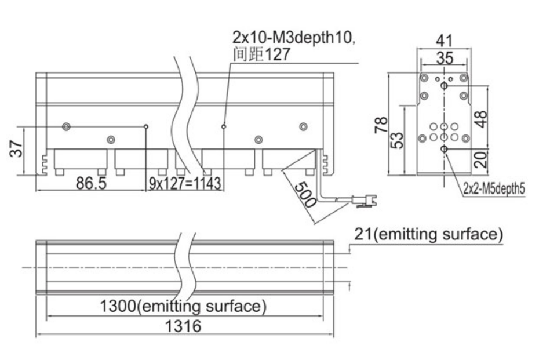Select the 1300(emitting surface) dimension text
tap(183, 306)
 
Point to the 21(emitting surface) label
tap(428, 235)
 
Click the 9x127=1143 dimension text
tap(185, 184)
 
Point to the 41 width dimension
tap(444, 41)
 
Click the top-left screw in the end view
tap(424, 78)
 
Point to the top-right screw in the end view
tap(464, 78)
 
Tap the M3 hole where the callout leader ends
tap(224, 126)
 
